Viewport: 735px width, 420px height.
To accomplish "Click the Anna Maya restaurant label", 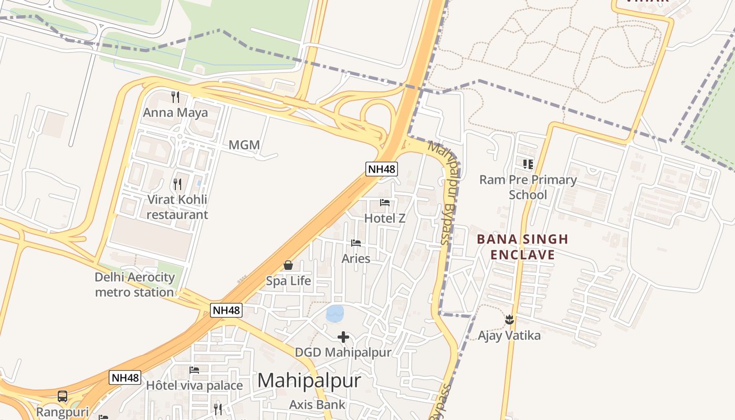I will click(x=175, y=112).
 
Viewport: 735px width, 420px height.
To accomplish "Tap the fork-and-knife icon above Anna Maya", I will click(x=175, y=97).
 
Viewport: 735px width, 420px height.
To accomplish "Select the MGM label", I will click(x=244, y=145).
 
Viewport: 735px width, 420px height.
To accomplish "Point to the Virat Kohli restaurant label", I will click(x=177, y=207).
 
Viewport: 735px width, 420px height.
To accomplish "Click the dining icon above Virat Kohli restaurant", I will click(x=177, y=184).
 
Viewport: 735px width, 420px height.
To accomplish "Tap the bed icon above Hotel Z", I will click(x=385, y=203).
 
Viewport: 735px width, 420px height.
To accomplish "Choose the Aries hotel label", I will click(x=356, y=258).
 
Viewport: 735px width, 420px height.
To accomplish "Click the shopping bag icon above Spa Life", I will click(x=288, y=265).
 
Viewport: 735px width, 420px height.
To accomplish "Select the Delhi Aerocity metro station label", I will click(x=134, y=285).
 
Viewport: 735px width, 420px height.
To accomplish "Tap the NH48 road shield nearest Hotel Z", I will click(x=382, y=169).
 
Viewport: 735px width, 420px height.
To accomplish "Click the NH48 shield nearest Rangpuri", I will click(x=125, y=377).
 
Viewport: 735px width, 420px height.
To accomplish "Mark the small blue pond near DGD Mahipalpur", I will click(x=335, y=313).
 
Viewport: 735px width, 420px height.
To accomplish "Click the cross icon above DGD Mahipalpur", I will click(x=343, y=337).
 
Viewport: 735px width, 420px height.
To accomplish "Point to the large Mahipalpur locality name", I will click(x=309, y=381).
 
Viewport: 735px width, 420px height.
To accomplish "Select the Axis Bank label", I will click(x=318, y=404).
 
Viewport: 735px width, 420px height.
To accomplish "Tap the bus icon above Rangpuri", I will click(x=62, y=396).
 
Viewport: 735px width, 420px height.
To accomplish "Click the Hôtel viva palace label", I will click(x=194, y=385).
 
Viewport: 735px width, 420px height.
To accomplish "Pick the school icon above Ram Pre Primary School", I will click(x=528, y=164).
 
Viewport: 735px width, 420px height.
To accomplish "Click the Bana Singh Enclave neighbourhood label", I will click(x=522, y=247).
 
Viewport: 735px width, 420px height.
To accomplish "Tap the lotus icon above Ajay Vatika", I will click(x=509, y=319).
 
